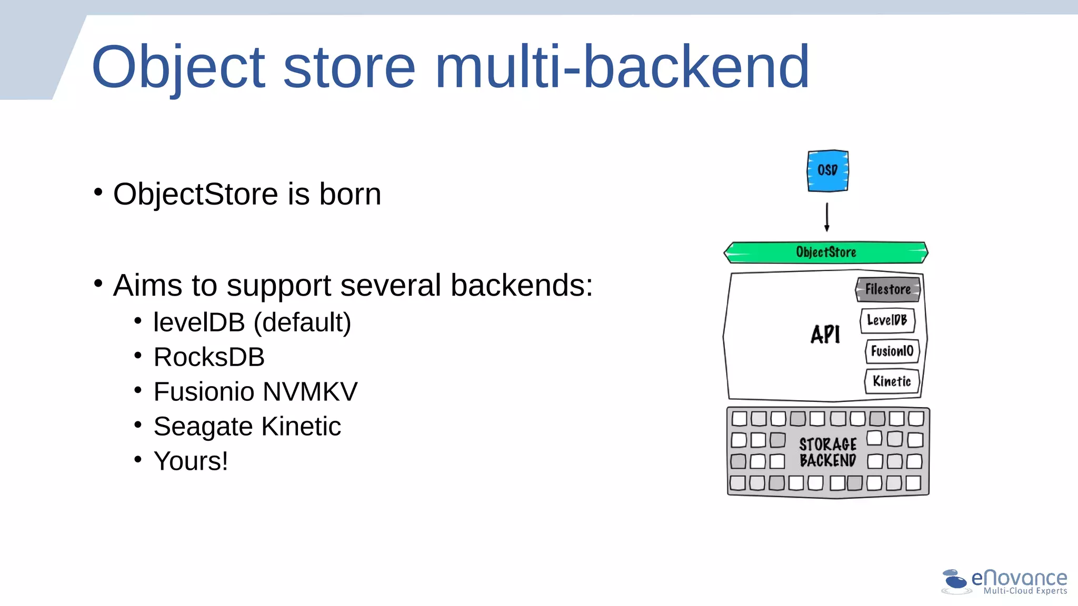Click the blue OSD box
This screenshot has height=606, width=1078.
(827, 171)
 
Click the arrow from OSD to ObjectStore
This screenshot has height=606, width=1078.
(827, 217)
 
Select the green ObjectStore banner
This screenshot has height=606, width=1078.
(826, 252)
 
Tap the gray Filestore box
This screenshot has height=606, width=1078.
(888, 289)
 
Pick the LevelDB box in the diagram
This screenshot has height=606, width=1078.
(887, 320)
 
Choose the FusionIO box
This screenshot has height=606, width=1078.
(892, 351)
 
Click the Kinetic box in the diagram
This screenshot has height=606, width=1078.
(892, 381)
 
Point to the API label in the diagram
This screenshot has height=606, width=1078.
(825, 335)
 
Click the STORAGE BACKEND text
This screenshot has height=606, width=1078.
(828, 452)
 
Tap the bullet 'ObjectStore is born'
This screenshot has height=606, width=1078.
(247, 194)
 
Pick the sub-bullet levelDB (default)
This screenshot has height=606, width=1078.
(252, 322)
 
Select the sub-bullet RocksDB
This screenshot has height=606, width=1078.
(209, 357)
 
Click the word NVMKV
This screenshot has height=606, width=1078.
(310, 392)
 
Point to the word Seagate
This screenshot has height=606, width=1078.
(203, 427)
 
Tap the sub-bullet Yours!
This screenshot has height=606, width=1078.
(191, 461)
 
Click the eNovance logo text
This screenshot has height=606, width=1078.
(1019, 578)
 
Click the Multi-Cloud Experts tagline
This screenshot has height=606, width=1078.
(1025, 591)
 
